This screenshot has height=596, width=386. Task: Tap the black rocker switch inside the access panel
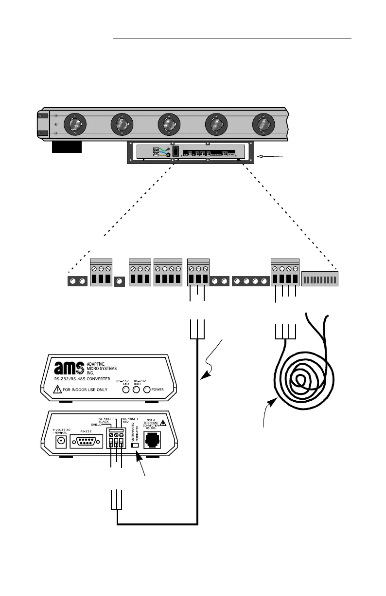tap(175, 151)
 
